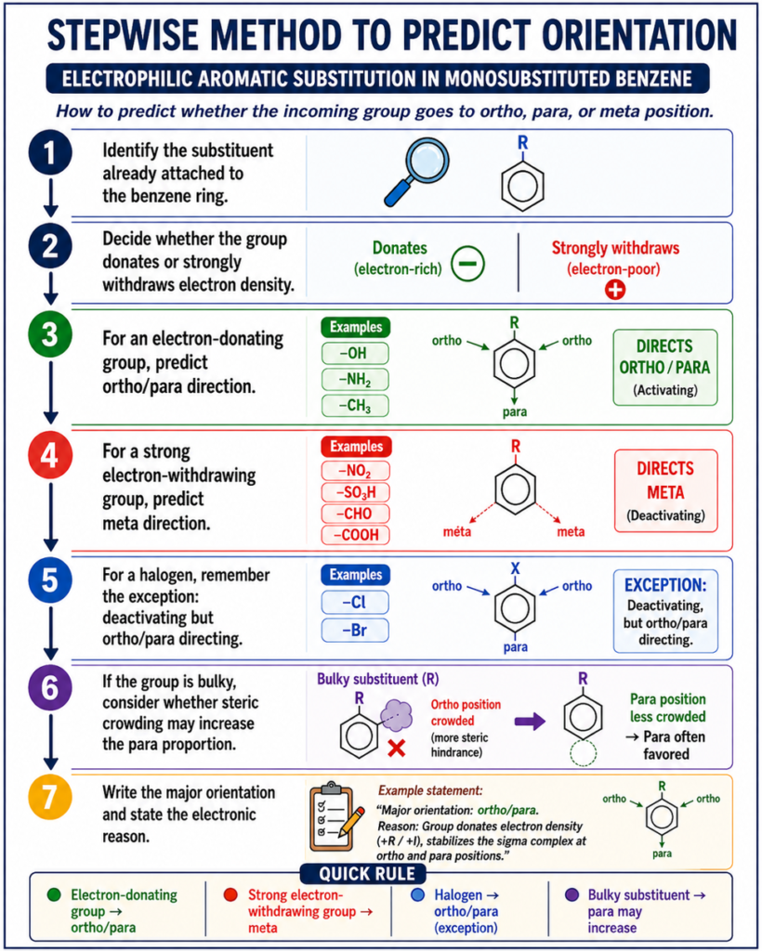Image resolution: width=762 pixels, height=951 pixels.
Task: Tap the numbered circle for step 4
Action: click(50, 455)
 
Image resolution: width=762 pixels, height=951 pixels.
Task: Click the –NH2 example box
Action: click(355, 380)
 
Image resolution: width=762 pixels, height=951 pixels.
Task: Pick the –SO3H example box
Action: click(356, 492)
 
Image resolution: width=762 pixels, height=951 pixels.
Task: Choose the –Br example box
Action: click(355, 630)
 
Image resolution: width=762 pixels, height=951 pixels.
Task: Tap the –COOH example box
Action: click(356, 534)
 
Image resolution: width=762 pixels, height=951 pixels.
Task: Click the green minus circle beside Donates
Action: click(467, 264)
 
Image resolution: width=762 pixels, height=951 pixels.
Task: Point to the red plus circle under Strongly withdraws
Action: click(614, 290)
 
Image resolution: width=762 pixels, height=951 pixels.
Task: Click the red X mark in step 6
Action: click(396, 748)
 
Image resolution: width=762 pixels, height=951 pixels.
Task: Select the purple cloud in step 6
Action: click(396, 714)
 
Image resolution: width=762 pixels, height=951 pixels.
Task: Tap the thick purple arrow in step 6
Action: click(530, 722)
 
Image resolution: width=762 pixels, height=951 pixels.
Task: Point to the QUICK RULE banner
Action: click(362, 874)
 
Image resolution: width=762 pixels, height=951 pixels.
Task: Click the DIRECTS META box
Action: click(665, 490)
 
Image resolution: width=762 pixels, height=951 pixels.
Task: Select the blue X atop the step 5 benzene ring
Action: click(516, 569)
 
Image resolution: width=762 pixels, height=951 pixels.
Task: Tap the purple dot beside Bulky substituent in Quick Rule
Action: click(571, 895)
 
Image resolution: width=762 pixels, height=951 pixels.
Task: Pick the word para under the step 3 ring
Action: click(515, 411)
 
